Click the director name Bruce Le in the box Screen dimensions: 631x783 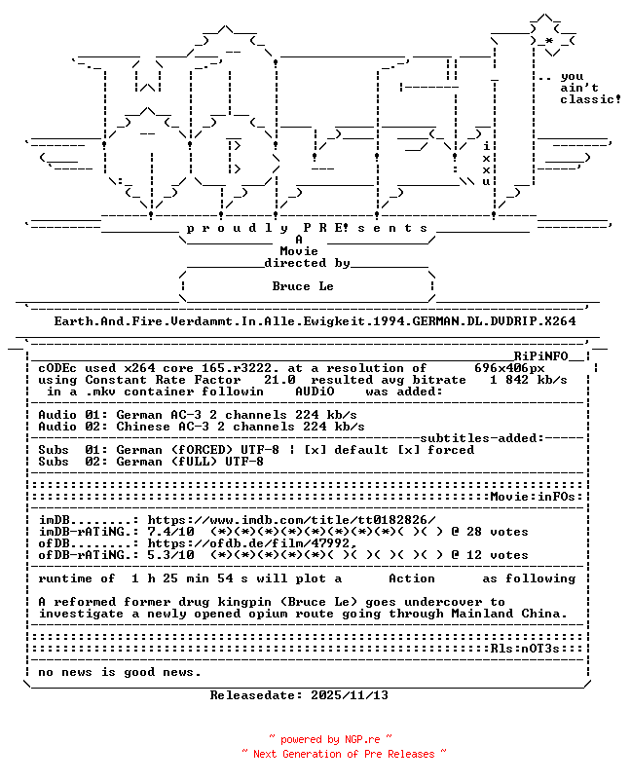(303, 286)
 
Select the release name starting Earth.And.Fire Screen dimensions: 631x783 (315, 321)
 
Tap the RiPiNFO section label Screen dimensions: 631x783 (540, 356)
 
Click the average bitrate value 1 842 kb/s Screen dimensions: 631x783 (528, 380)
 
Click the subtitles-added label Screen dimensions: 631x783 (482, 438)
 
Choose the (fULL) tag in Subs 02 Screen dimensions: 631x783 (194, 462)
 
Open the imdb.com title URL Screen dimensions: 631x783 (291, 520)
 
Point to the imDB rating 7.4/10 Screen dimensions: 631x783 (170, 532)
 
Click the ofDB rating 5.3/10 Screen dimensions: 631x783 (170, 555)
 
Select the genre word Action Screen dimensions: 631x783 (412, 578)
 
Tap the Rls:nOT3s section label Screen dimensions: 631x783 (525, 649)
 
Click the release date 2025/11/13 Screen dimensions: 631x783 (350, 695)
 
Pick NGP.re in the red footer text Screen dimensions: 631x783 (361, 739)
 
